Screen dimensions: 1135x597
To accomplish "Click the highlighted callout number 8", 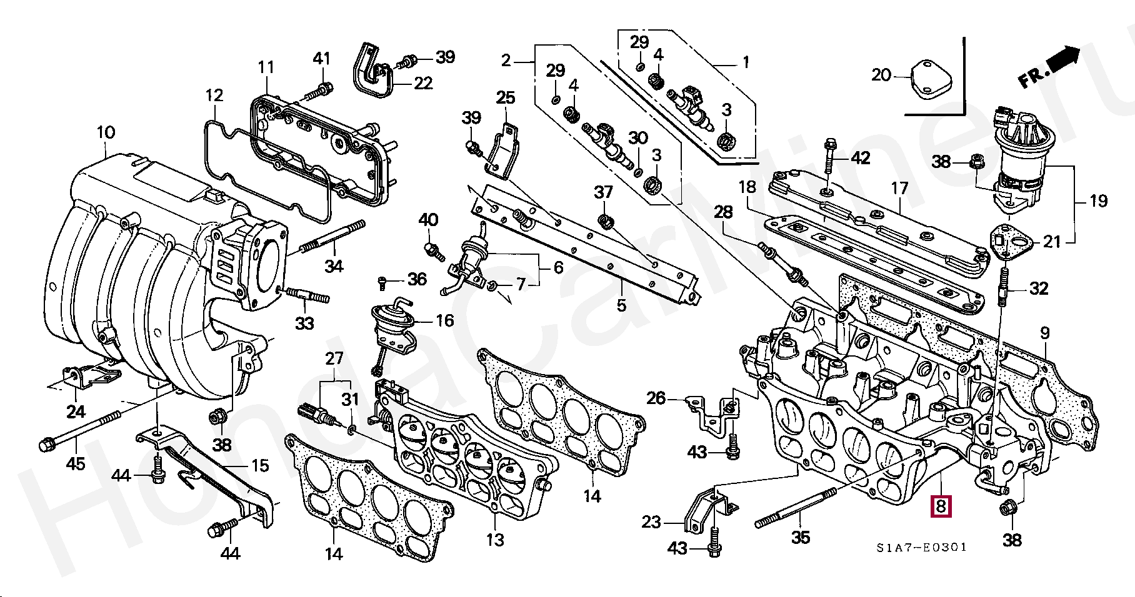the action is [941, 506].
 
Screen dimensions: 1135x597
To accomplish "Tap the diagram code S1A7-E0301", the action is [921, 548].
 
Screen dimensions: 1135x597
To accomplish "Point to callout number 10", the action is [106, 132].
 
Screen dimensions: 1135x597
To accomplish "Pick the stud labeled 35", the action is [796, 509].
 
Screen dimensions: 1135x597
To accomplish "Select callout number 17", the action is [899, 188].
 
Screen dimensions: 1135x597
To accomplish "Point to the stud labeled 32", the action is [1002, 287].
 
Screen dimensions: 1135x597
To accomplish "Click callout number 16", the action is [444, 320].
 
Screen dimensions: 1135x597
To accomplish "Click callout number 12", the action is [214, 96].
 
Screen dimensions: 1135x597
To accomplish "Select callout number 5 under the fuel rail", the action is [621, 305].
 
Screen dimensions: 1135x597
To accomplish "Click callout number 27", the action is [334, 358].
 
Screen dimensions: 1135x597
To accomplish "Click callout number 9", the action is [1045, 333].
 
